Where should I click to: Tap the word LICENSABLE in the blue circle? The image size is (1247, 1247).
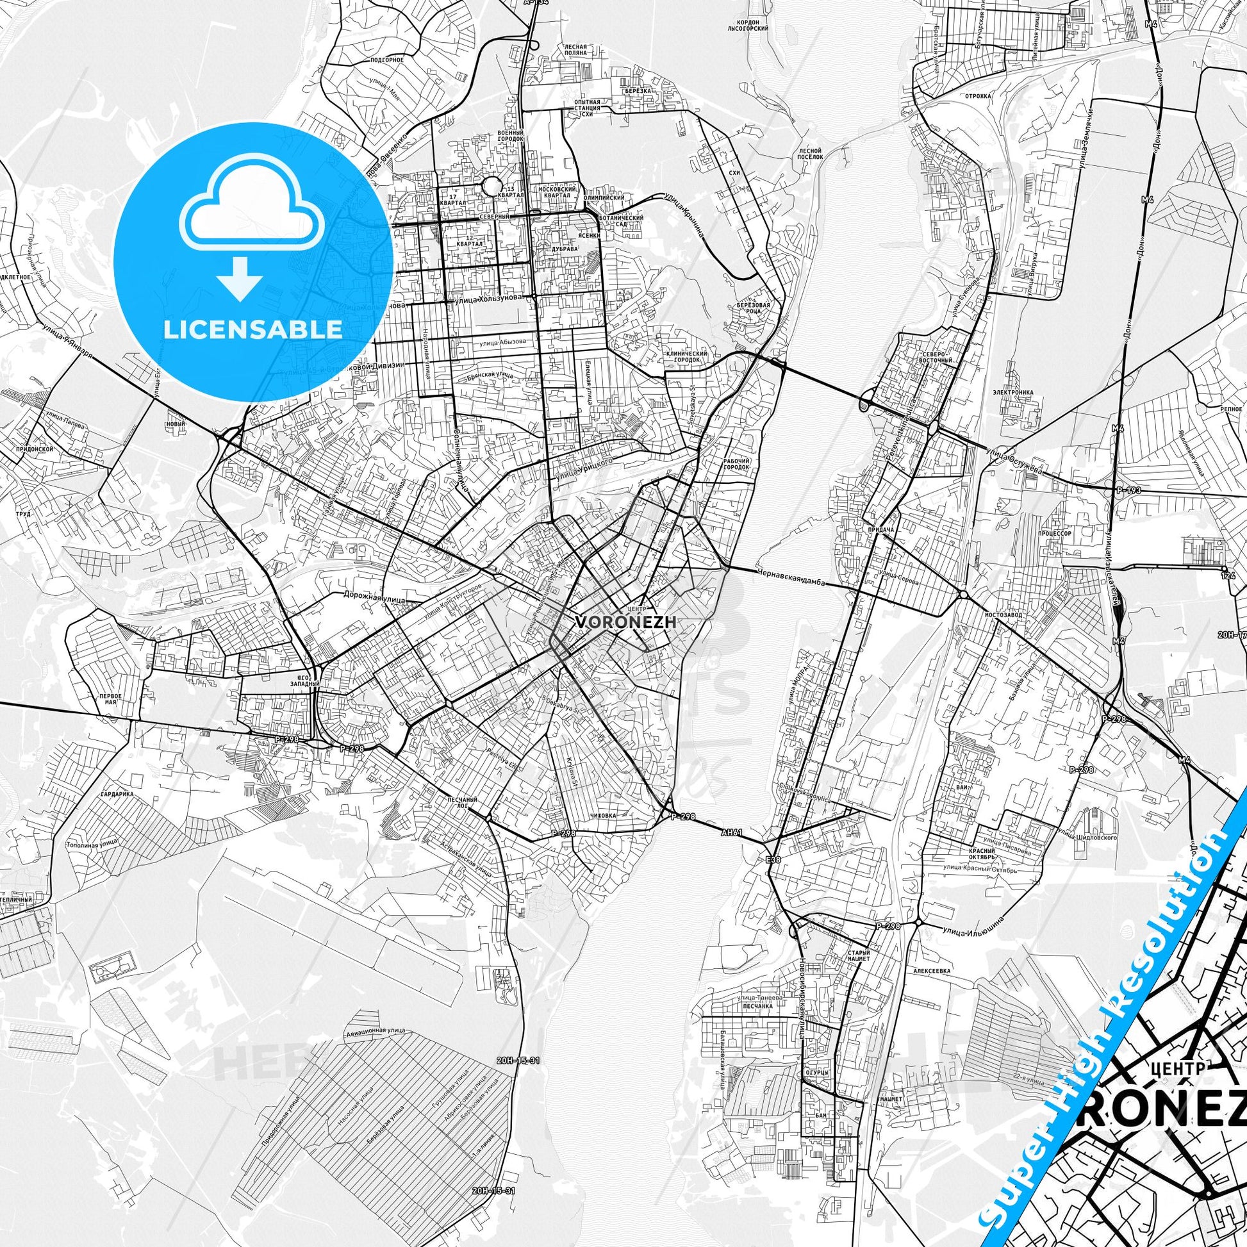(253, 329)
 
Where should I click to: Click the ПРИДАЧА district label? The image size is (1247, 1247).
(877, 529)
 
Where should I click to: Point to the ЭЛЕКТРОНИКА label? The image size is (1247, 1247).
(1014, 392)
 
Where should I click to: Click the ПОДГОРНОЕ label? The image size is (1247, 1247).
(387, 60)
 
